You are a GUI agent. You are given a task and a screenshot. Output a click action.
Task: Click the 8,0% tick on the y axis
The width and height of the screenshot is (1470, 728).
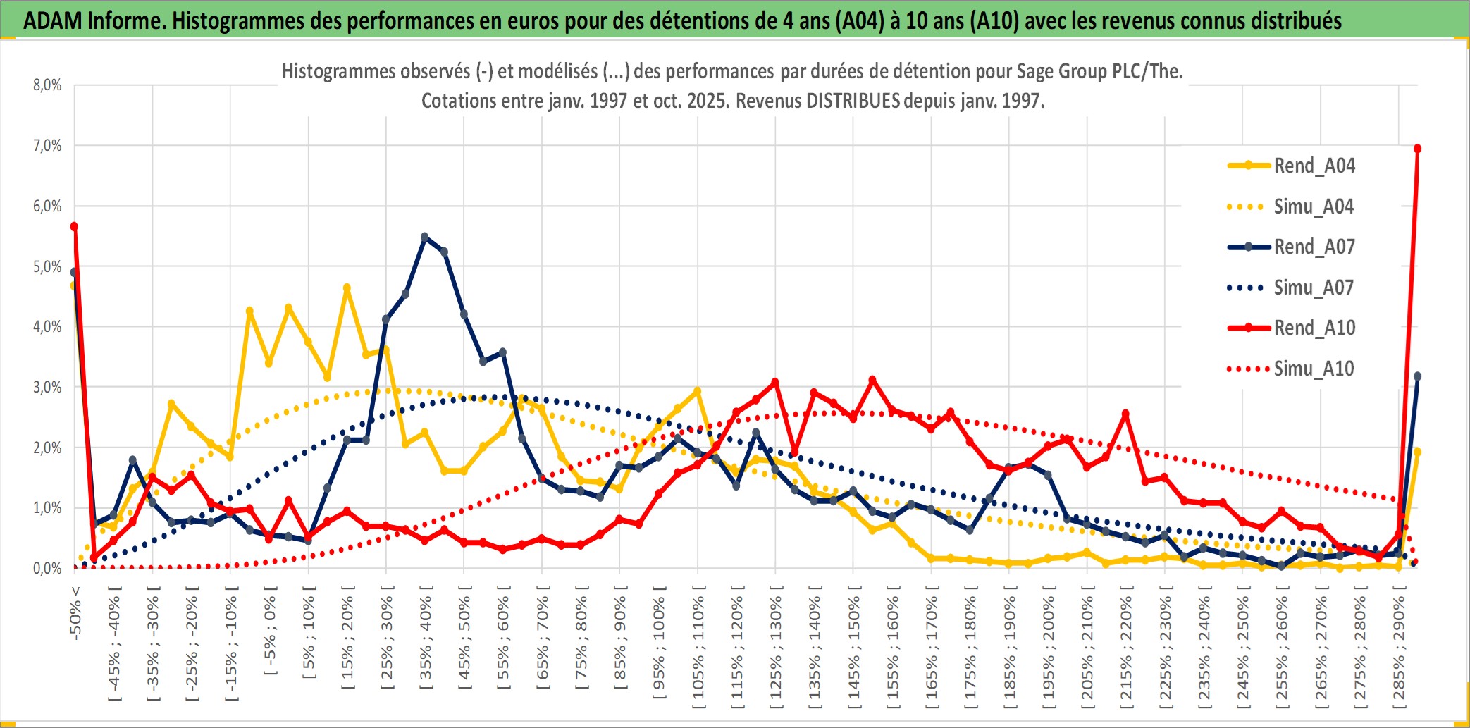tap(47, 85)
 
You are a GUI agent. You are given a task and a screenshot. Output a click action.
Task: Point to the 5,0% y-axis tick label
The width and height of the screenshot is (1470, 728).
tap(47, 266)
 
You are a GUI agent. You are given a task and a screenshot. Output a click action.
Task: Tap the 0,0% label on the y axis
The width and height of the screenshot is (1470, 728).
tap(47, 568)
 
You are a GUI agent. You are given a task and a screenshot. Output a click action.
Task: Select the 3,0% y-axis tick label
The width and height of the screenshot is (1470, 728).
tap(47, 387)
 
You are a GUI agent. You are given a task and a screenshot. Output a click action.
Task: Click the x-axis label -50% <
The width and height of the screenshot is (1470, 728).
tap(75, 612)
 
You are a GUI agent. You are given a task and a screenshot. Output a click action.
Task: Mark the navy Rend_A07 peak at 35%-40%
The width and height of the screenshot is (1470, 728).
tap(424, 237)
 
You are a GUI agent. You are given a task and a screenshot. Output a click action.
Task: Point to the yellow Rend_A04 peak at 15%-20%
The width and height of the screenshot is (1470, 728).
tap(347, 288)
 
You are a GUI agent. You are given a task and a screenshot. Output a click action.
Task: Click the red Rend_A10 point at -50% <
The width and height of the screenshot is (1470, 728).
tap(74, 226)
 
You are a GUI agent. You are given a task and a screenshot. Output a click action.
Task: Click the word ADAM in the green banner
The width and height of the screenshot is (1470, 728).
tap(52, 20)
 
